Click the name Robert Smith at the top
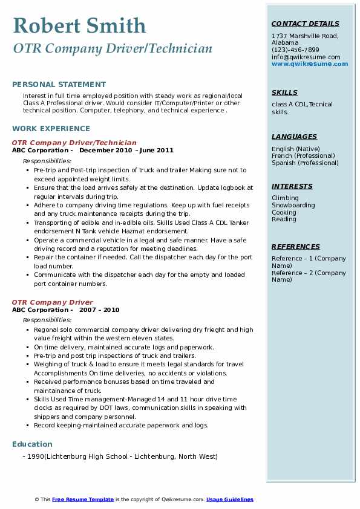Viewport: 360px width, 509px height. point(79,26)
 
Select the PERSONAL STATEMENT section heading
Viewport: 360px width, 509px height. point(59,85)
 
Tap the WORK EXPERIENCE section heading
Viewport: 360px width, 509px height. point(51,129)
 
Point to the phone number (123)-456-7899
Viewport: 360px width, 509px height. point(295,50)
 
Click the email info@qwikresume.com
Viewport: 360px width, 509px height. point(306,57)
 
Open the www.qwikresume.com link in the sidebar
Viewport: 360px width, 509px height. point(306,63)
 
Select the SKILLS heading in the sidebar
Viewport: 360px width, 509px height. point(284,92)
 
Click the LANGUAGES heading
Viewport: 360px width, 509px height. point(294,137)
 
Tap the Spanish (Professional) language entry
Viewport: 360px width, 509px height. point(305,163)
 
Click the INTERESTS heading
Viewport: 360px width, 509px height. point(292,186)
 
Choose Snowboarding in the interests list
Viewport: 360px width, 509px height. point(293,206)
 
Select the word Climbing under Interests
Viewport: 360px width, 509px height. point(285,198)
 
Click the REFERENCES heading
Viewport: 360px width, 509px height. point(296,247)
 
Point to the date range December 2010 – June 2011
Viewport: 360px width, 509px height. point(126,151)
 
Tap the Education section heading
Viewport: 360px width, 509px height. point(32,444)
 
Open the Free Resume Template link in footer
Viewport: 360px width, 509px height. point(83,499)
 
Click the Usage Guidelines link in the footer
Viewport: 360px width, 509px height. point(230,499)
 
